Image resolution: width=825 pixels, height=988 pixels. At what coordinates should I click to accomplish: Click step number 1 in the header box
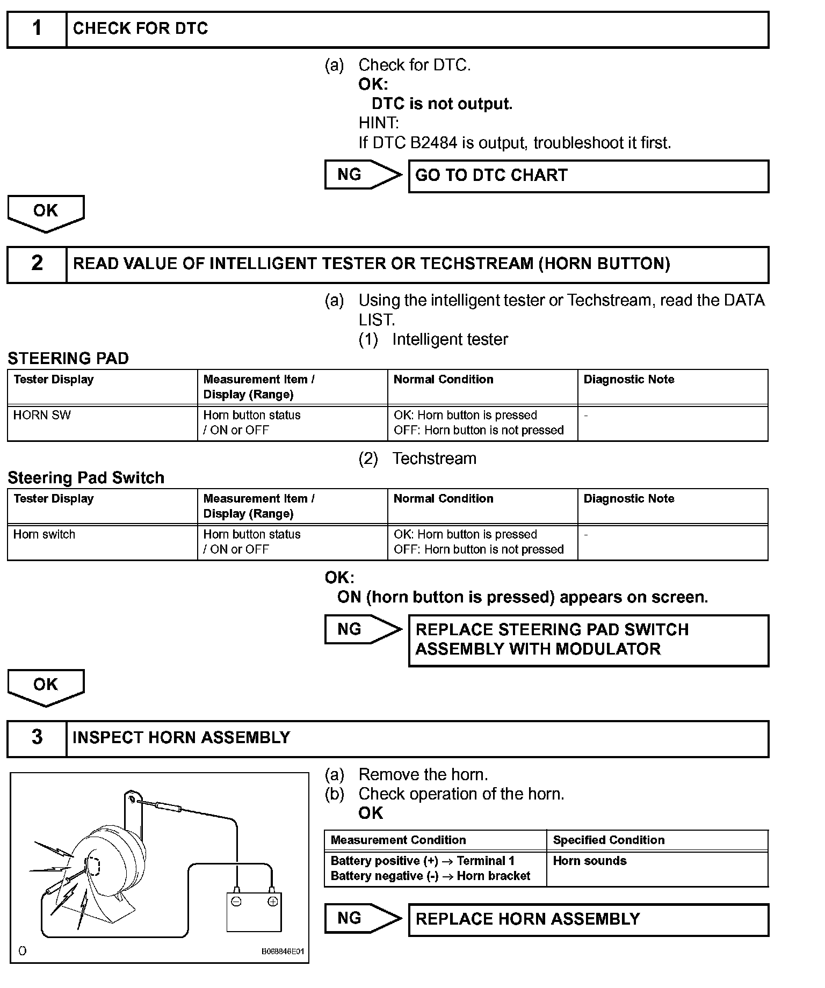(37, 28)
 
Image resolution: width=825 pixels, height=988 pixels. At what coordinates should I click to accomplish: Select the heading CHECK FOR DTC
(140, 28)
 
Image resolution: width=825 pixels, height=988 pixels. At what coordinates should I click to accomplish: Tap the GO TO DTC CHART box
(588, 176)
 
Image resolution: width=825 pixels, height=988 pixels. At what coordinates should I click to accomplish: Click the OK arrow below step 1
(46, 212)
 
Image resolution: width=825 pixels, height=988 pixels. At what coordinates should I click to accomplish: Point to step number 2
(37, 264)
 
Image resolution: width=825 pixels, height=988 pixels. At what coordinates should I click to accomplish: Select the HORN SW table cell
(42, 416)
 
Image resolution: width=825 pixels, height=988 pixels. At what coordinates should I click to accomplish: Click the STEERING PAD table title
(68, 358)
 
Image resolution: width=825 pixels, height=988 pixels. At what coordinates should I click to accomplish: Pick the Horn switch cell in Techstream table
(44, 535)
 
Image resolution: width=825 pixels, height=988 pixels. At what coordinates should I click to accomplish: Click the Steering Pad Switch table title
(86, 477)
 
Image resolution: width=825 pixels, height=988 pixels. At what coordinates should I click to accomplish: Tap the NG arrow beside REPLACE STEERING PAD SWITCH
(362, 629)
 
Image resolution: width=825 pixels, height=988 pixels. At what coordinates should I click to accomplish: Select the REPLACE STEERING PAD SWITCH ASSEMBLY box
(588, 640)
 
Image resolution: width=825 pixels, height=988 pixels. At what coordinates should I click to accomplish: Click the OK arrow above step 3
(46, 686)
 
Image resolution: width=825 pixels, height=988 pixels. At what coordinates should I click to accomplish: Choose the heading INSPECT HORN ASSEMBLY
(181, 738)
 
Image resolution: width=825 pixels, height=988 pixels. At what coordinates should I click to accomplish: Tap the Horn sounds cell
(590, 861)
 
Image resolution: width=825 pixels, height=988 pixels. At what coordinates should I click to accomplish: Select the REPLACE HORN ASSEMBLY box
(588, 919)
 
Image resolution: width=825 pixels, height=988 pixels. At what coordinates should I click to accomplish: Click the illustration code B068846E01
(283, 951)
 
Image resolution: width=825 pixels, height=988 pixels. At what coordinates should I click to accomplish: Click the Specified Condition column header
(609, 840)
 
